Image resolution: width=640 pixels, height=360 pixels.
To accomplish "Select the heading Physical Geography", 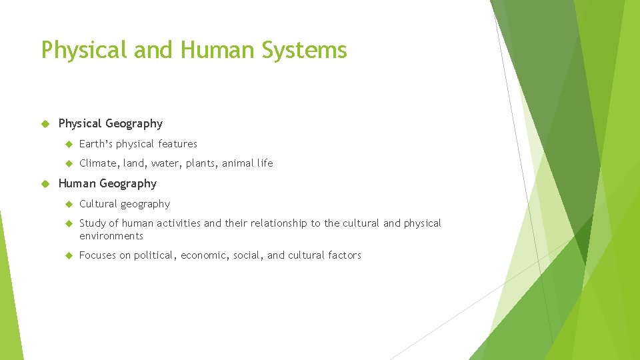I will (111, 123).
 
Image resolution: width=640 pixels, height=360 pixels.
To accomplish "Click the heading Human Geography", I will (107, 183).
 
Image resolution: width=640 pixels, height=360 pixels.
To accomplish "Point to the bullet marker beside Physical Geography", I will (46, 123).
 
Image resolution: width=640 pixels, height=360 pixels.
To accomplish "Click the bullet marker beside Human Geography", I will (46, 183).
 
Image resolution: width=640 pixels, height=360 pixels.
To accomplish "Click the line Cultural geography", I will (125, 204).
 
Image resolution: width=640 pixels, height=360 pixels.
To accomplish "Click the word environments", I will (111, 236).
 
